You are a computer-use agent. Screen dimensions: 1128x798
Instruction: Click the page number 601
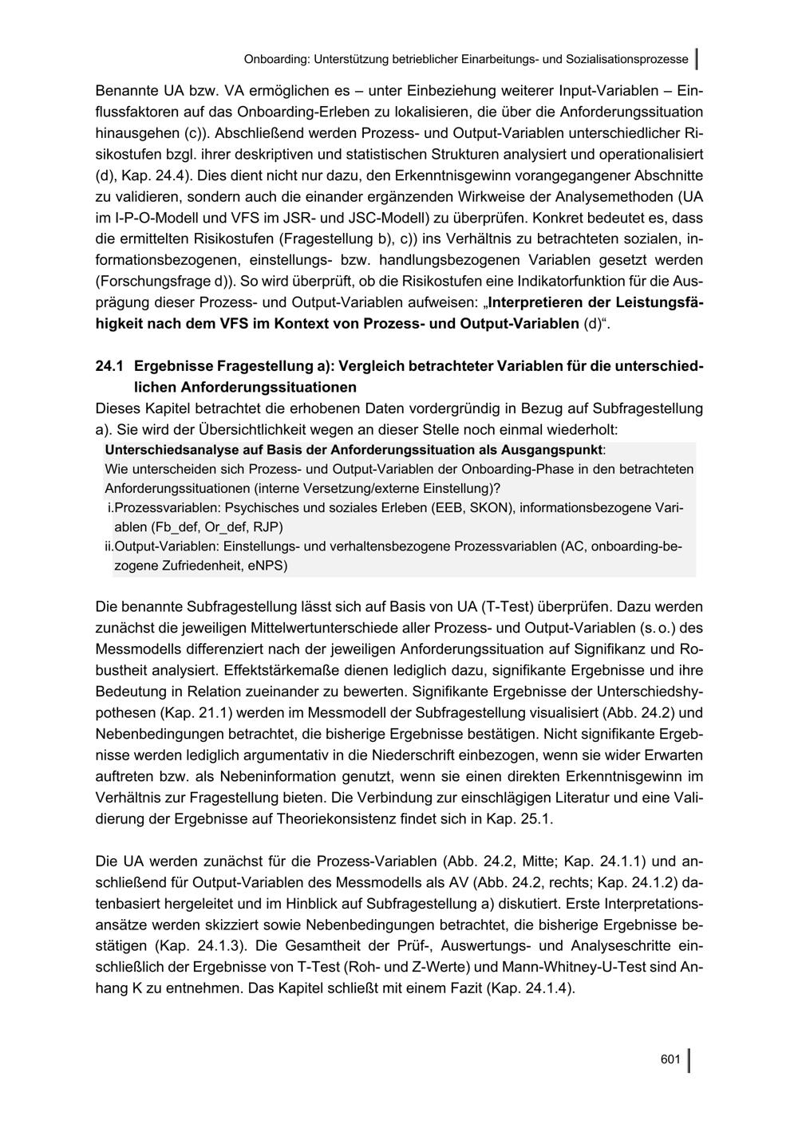point(670,1059)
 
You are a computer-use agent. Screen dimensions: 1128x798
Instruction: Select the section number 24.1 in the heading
point(109,366)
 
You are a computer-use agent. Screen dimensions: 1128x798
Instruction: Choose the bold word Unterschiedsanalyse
point(166,449)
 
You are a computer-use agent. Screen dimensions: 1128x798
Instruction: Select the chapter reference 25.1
point(534,818)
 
